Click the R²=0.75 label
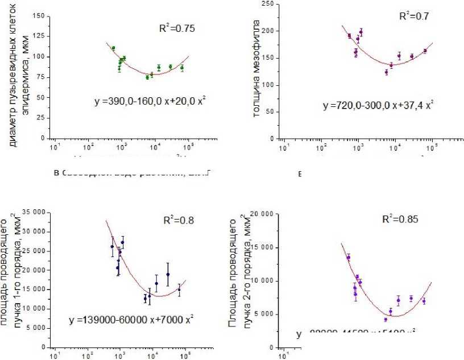pos(177,27)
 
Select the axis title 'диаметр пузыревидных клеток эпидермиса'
pos(19,77)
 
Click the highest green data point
pos(113,48)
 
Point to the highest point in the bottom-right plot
pos(348,258)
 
